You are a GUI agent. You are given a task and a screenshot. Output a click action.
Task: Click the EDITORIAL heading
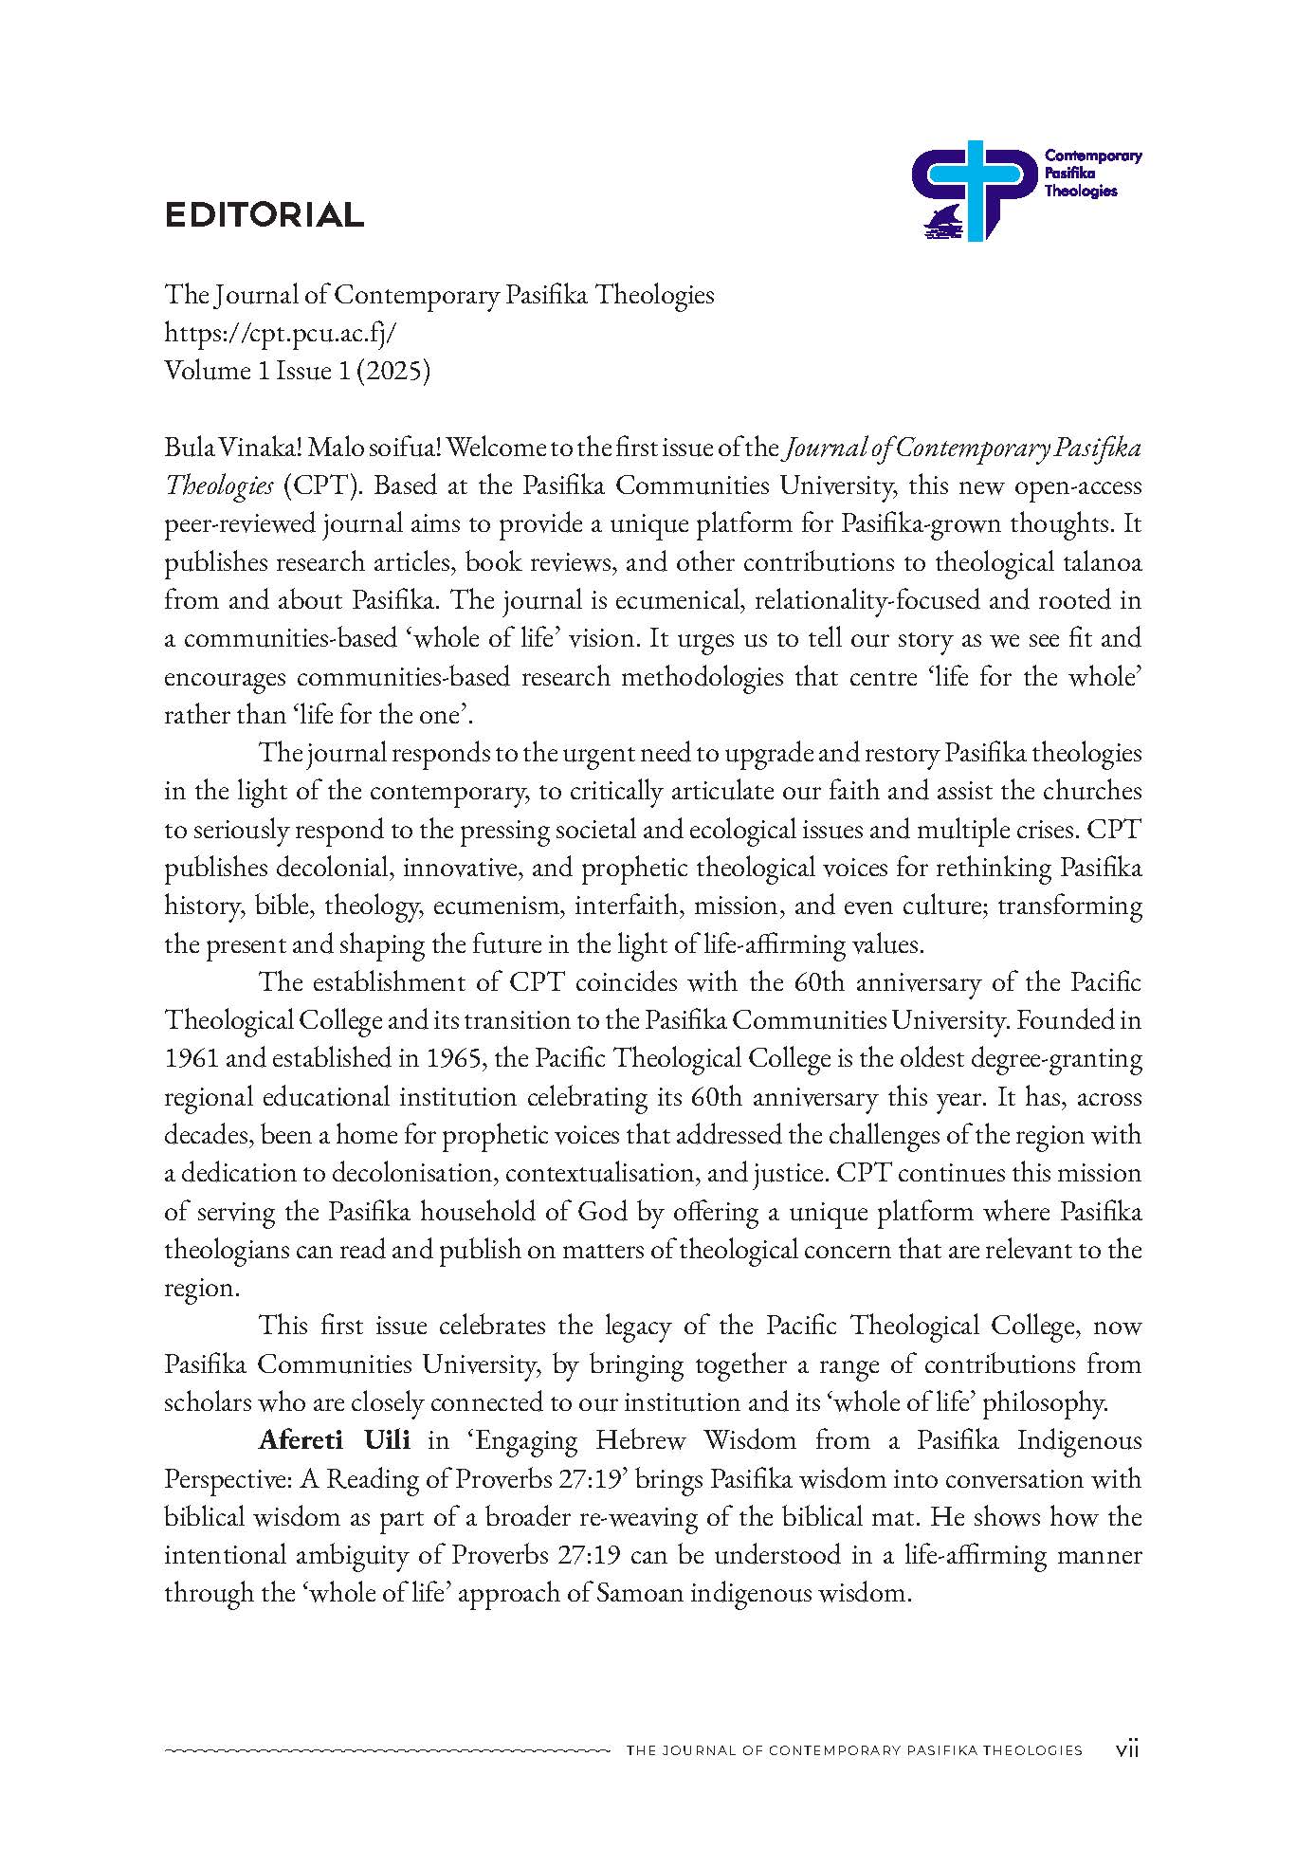point(265,215)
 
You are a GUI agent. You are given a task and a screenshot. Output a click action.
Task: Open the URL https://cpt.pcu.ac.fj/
point(280,333)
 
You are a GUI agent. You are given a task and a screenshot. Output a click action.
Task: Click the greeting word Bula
point(185,448)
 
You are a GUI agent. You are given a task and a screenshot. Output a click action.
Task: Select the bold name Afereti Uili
point(334,1439)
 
